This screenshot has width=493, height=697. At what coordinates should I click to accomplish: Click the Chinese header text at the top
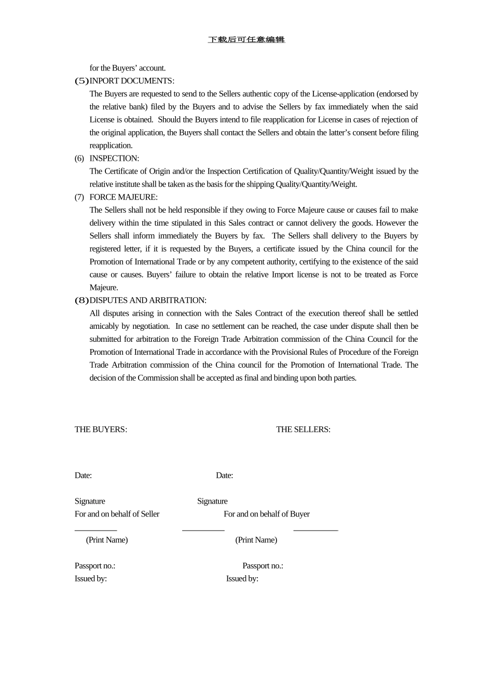click(246, 40)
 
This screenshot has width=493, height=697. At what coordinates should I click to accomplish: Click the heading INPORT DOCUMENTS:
click(132, 81)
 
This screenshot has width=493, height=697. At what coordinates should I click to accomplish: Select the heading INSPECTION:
click(114, 158)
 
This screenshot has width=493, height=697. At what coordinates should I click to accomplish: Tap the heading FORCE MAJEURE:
click(124, 197)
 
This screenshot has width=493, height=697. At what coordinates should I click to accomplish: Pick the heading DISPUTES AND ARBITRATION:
click(148, 300)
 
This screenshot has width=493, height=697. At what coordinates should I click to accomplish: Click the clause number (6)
click(79, 158)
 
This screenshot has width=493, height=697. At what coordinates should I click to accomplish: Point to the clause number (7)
click(79, 197)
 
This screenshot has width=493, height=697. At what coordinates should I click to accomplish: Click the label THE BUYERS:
click(101, 429)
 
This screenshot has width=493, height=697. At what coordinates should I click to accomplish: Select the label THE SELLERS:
click(303, 429)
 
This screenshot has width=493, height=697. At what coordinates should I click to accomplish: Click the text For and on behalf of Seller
click(117, 514)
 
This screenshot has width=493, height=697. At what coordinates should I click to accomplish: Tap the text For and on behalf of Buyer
click(267, 514)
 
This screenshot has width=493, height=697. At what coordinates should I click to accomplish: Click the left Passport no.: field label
click(95, 566)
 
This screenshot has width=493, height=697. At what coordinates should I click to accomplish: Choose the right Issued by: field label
click(242, 579)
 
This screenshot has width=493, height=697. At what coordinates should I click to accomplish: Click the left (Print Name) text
click(107, 540)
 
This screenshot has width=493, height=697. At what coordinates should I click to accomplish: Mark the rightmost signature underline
click(316, 530)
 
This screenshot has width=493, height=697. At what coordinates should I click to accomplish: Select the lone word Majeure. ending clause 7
click(104, 287)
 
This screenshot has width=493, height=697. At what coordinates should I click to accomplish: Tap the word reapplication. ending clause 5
click(111, 145)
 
